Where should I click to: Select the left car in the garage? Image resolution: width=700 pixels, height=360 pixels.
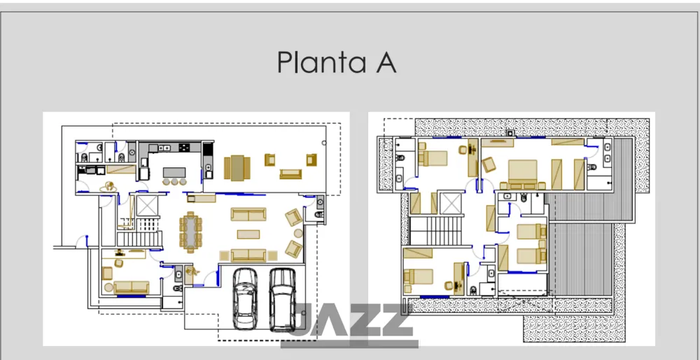(x=245, y=299)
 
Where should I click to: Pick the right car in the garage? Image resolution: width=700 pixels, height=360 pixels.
(x=283, y=299)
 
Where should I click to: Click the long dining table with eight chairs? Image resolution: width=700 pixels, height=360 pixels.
(x=190, y=232)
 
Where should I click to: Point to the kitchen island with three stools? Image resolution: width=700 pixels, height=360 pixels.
(x=174, y=176)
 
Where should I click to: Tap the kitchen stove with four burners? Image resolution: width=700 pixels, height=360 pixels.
(x=184, y=147)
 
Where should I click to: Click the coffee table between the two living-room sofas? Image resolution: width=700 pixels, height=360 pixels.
(x=248, y=234)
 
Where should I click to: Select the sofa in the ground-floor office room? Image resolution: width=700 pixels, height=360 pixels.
(x=131, y=288)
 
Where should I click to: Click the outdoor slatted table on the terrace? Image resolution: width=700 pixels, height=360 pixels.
(x=237, y=167)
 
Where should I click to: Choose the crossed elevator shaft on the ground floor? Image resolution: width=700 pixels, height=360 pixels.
(x=147, y=205)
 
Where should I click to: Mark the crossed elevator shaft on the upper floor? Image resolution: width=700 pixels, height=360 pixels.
(x=450, y=203)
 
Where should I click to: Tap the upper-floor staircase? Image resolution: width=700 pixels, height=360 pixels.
(x=435, y=230)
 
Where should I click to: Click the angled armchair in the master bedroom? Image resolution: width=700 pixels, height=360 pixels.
(x=489, y=165)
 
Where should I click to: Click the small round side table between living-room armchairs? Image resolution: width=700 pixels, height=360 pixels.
(x=297, y=233)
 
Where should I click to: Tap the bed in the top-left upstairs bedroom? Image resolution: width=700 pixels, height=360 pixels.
(x=432, y=158)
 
